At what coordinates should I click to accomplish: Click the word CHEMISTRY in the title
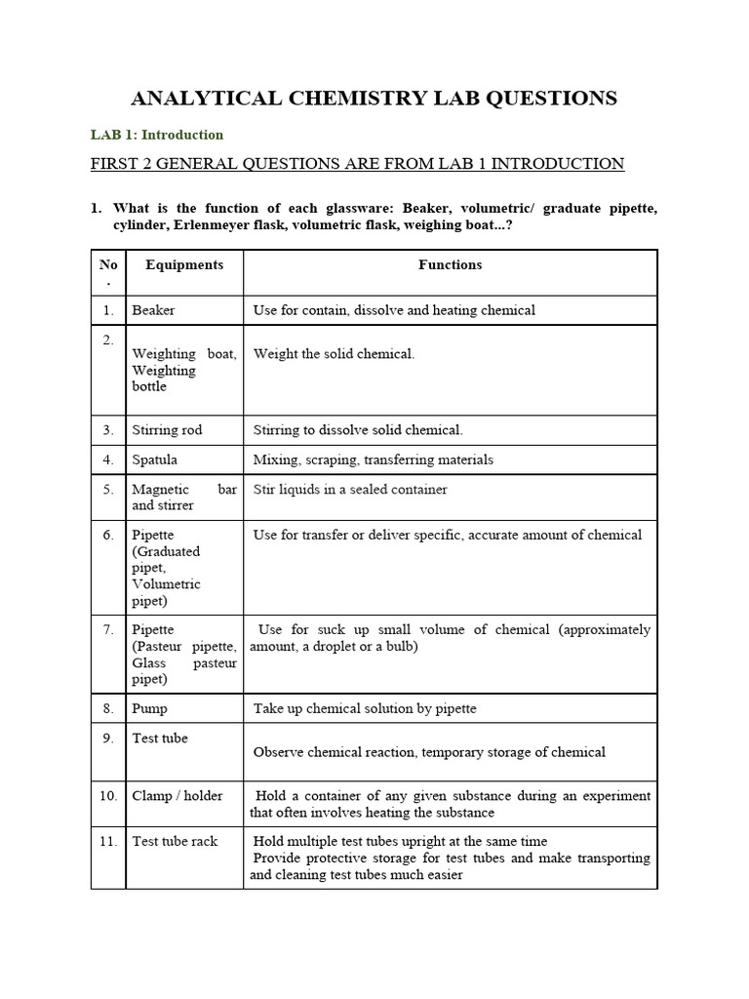pyautogui.click(x=354, y=98)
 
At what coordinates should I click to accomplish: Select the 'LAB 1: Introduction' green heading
pyautogui.click(x=157, y=135)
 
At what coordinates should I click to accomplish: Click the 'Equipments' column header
pyautogui.click(x=184, y=264)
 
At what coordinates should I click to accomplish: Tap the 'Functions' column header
pyautogui.click(x=450, y=264)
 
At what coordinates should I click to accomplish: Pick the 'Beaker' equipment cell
pyautogui.click(x=154, y=310)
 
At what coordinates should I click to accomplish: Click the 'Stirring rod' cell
pyautogui.click(x=168, y=430)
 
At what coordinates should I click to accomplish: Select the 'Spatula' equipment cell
pyautogui.click(x=155, y=460)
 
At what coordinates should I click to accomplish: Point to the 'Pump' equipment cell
pyautogui.click(x=150, y=708)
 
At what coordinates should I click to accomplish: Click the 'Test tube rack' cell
pyautogui.click(x=176, y=841)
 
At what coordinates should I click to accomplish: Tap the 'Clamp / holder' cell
pyautogui.click(x=177, y=795)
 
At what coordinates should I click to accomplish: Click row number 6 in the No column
pyautogui.click(x=108, y=535)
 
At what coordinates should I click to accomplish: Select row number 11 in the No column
pyautogui.click(x=108, y=841)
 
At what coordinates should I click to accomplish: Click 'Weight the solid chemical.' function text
pyautogui.click(x=334, y=353)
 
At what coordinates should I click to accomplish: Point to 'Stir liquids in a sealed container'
pyautogui.click(x=350, y=489)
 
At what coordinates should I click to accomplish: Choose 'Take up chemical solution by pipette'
pyautogui.click(x=365, y=708)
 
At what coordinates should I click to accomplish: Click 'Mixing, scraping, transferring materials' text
pyautogui.click(x=374, y=460)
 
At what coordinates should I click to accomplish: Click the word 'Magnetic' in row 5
pyautogui.click(x=161, y=489)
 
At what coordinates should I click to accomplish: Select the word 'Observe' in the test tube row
pyautogui.click(x=279, y=752)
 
